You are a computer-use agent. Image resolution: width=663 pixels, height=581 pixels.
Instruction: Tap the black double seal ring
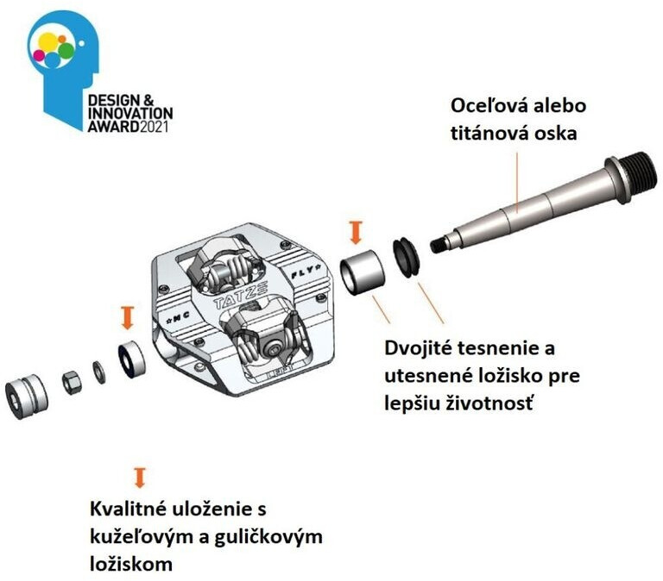pyautogui.click(x=406, y=258)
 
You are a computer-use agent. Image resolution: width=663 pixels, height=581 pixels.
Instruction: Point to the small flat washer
pyautogui.click(x=99, y=372)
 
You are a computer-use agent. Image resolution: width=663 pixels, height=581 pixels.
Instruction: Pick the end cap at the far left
pyautogui.click(x=26, y=396)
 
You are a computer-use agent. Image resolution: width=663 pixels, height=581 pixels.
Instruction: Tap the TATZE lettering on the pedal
pyautogui.click(x=240, y=295)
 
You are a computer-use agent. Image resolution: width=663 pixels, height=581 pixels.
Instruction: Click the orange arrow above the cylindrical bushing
pyautogui.click(x=356, y=232)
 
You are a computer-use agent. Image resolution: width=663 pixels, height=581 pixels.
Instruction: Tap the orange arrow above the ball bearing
pyautogui.click(x=127, y=318)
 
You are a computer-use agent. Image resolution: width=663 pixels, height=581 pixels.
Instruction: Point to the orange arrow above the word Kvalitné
pyautogui.click(x=140, y=478)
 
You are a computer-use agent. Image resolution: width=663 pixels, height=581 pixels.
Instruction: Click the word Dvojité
pyautogui.click(x=418, y=349)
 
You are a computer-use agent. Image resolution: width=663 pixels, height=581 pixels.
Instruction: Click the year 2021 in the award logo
pyautogui.click(x=154, y=127)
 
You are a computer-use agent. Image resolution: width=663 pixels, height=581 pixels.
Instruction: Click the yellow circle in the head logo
pyautogui.click(x=47, y=42)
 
